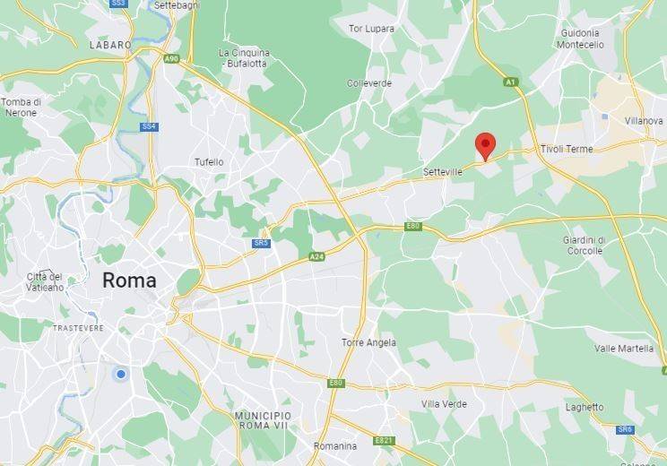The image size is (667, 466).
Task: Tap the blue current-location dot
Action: click(120, 373)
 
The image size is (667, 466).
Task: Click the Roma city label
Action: click(129, 280)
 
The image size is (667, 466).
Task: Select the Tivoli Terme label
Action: click(567, 149)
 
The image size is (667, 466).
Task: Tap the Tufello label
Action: click(209, 162)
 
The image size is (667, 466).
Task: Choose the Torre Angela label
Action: click(368, 342)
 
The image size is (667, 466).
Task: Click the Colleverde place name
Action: click(369, 83)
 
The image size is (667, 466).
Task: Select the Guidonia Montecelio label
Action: click(578, 38)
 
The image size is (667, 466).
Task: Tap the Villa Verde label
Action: click(444, 404)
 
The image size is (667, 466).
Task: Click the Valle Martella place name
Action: click(624, 349)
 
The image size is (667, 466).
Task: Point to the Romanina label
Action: click(334, 445)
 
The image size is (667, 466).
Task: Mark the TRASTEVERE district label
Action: click(79, 328)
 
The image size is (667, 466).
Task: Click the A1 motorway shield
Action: click(511, 82)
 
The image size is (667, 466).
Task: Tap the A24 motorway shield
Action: click(316, 256)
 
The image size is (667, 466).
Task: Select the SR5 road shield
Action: click(261, 243)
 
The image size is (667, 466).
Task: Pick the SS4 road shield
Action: click(149, 126)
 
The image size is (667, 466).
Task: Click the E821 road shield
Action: click(385, 440)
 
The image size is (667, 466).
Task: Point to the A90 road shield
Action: click(171, 58)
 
